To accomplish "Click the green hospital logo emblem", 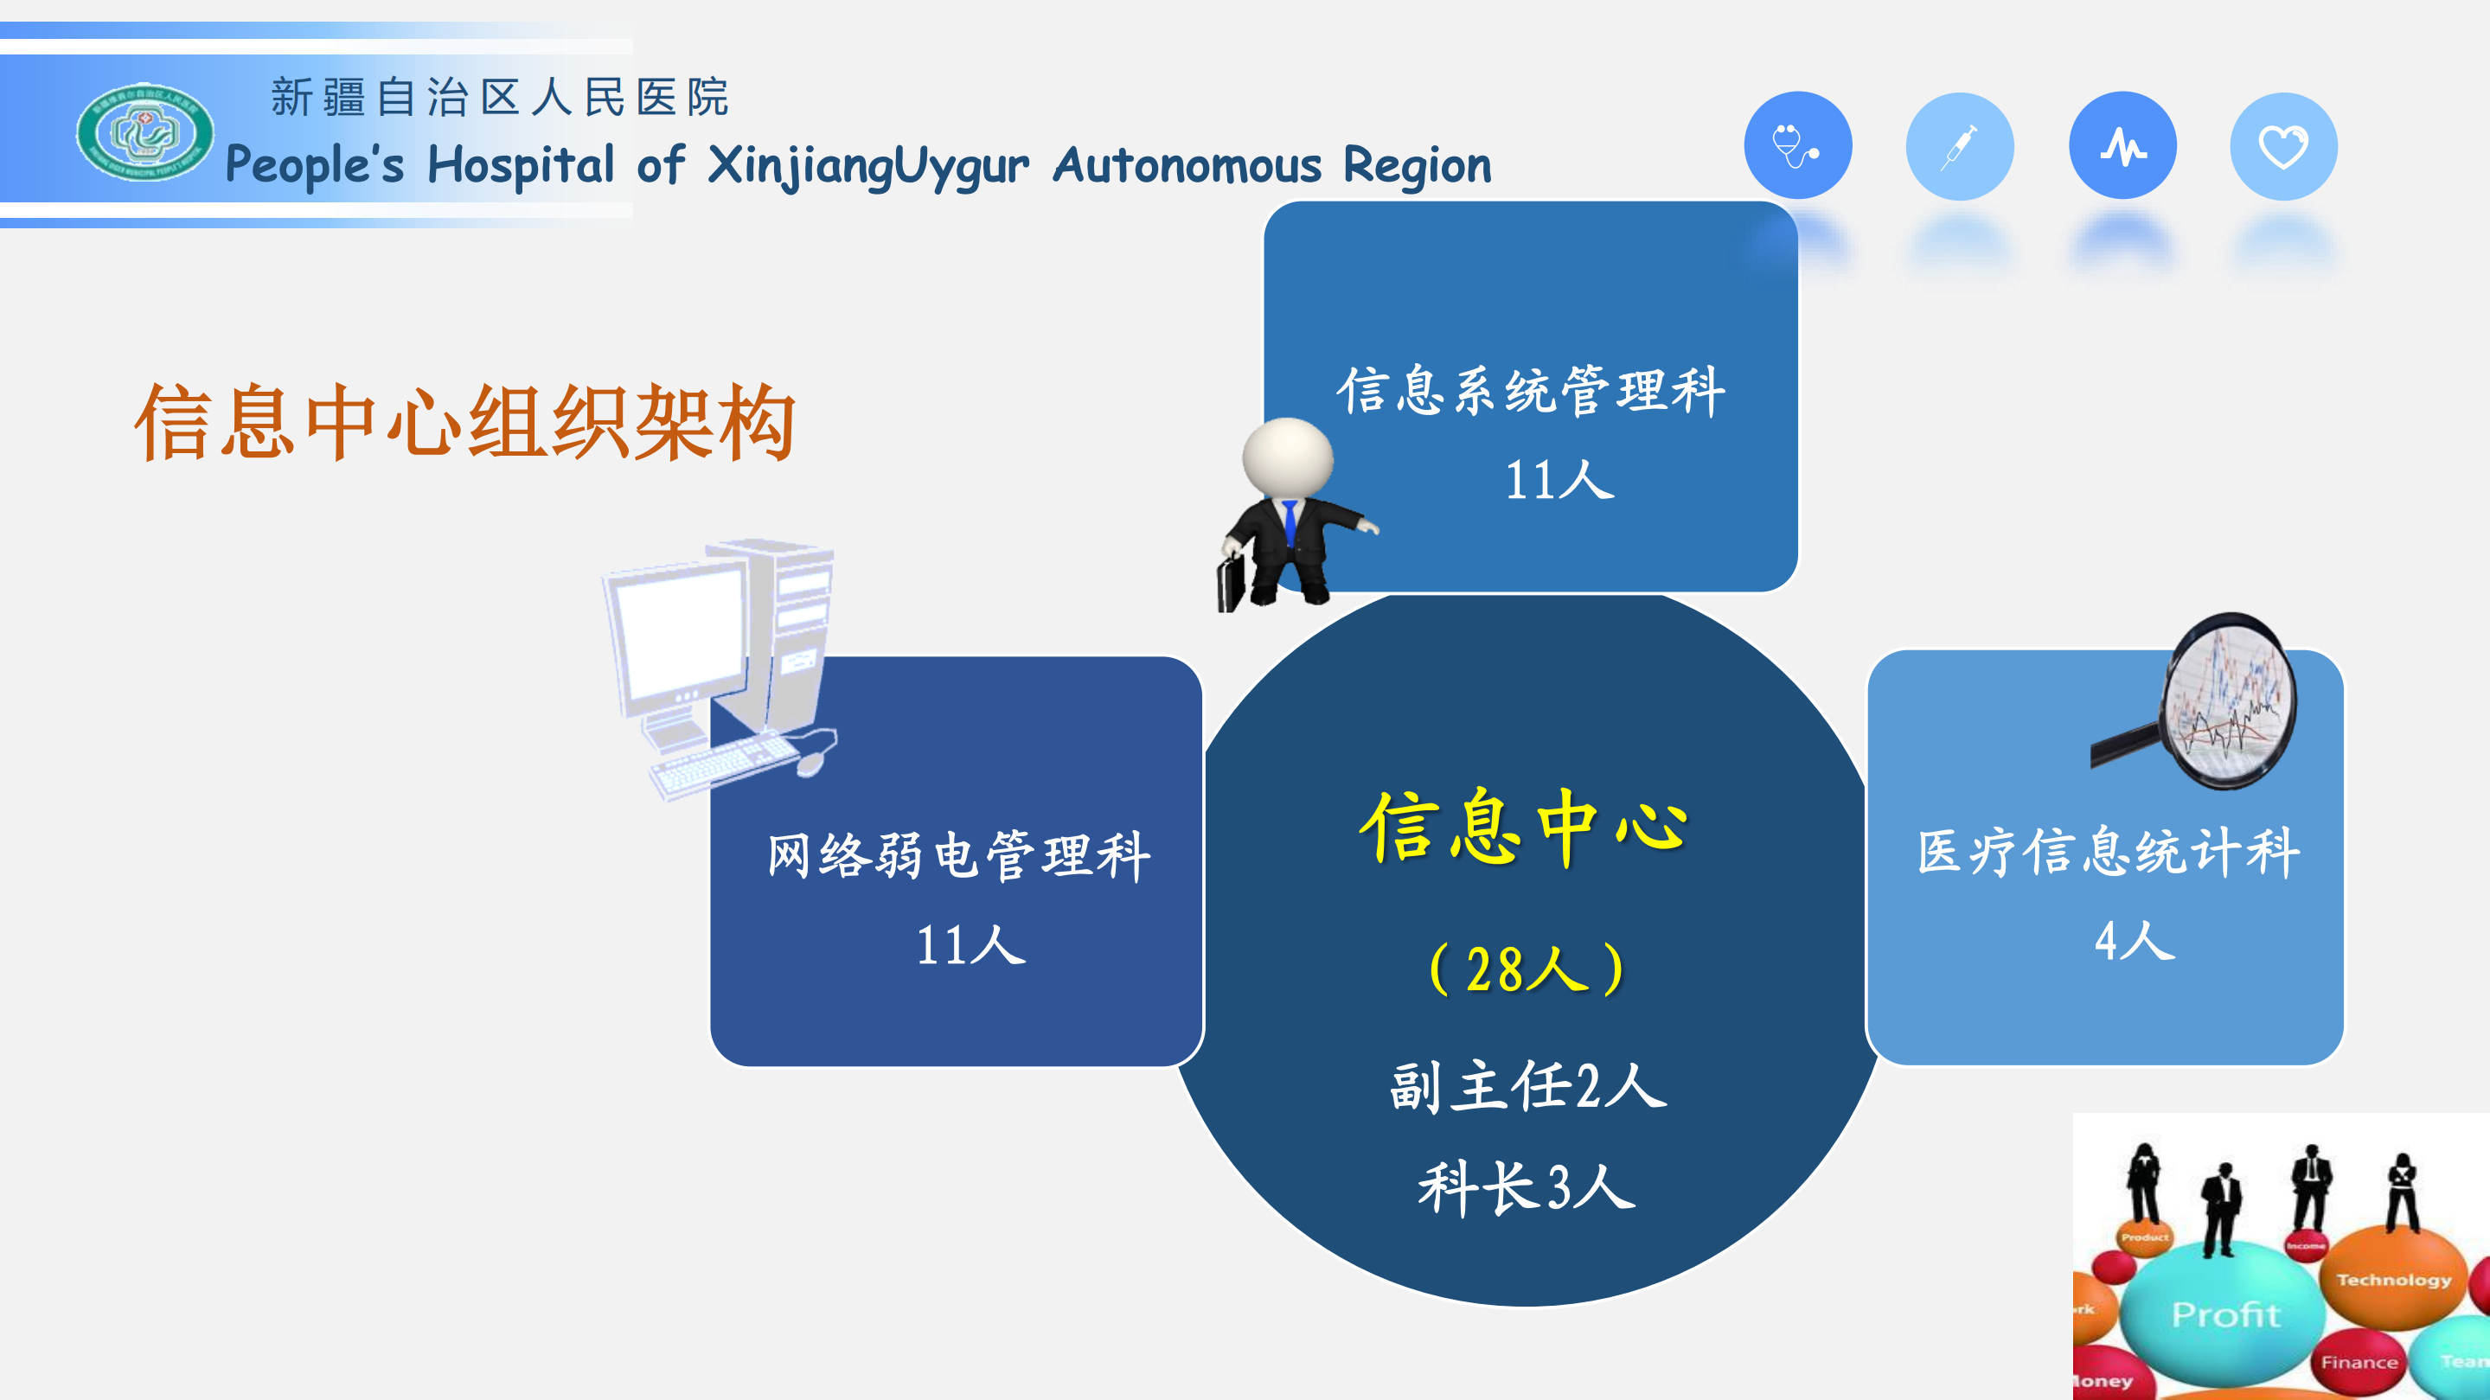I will pyautogui.click(x=145, y=132).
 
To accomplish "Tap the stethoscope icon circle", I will pyautogui.click(x=1797, y=146).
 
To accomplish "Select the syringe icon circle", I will pyautogui.click(x=1959, y=147).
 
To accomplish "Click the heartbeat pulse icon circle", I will pyautogui.click(x=2122, y=146).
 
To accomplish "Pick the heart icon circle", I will pyautogui.click(x=2283, y=147).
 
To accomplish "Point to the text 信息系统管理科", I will pyautogui.click(x=1531, y=392).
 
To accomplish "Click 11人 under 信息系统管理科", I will pyautogui.click(x=1559, y=480).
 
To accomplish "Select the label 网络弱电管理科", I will pyautogui.click(x=958, y=855).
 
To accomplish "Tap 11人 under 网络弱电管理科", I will pyautogui.click(x=970, y=945).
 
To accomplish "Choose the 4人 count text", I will pyautogui.click(x=2134, y=940).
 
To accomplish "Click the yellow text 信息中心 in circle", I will pyautogui.click(x=1524, y=826).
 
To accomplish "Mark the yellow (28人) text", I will pyautogui.click(x=1527, y=969).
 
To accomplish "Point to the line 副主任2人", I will pyautogui.click(x=1527, y=1086).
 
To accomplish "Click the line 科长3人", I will pyautogui.click(x=1527, y=1187).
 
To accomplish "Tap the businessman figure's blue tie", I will pyautogui.click(x=1290, y=521).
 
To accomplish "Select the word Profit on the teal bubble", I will pyautogui.click(x=2225, y=1314).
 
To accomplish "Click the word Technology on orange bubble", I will pyautogui.click(x=2393, y=1280).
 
